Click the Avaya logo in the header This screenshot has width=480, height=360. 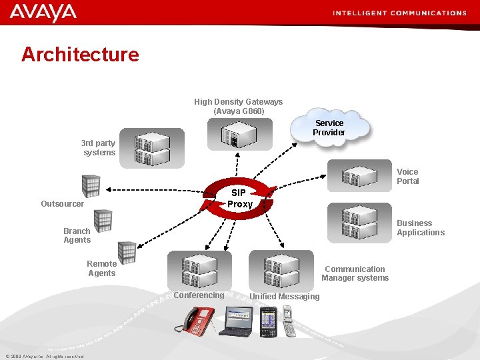click(x=43, y=12)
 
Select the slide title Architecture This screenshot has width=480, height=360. click(x=80, y=54)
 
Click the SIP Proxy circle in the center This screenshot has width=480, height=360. click(x=239, y=198)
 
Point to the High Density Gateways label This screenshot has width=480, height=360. click(x=238, y=106)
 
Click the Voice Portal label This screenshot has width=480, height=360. click(x=408, y=176)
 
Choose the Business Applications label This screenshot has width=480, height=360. click(x=420, y=227)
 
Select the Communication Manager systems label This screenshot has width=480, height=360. click(x=355, y=273)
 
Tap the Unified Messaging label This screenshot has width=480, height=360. click(x=285, y=297)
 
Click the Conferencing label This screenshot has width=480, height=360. click(x=199, y=295)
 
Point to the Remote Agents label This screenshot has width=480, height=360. click(x=101, y=268)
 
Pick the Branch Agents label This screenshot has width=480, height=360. click(x=77, y=235)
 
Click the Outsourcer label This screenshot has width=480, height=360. click(x=62, y=203)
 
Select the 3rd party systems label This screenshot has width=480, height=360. click(x=99, y=147)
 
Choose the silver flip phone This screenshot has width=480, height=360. click(x=287, y=319)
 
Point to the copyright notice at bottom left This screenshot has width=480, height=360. click(x=44, y=356)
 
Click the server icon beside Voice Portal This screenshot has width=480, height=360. click(x=359, y=176)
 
